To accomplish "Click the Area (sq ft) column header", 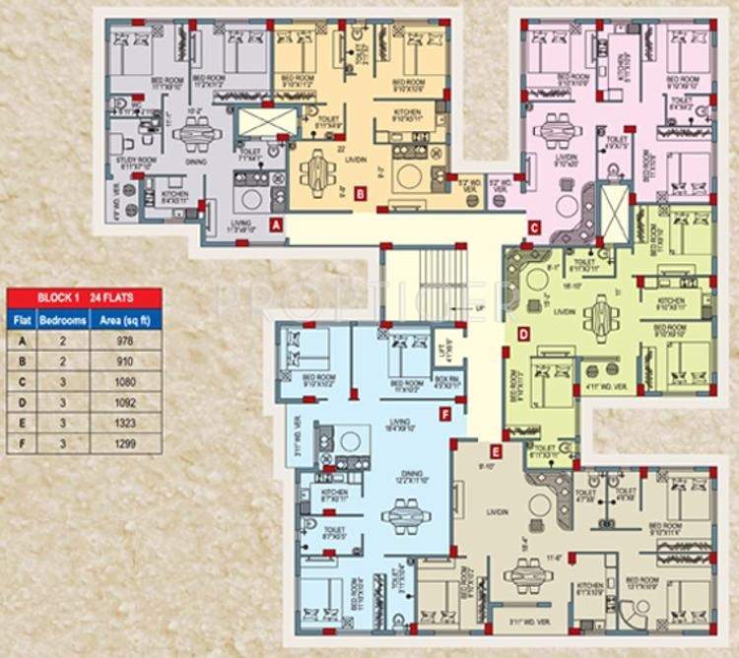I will (x=126, y=319).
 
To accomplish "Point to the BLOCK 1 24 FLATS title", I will (x=85, y=296).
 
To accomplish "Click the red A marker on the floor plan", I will (x=276, y=225).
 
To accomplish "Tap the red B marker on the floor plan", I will (x=361, y=194).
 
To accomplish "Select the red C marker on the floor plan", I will (x=533, y=230).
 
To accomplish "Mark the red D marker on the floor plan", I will (x=523, y=334).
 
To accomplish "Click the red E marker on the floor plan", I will (x=496, y=452).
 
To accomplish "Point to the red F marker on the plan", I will (x=445, y=415).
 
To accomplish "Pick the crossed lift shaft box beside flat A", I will (x=267, y=122).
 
